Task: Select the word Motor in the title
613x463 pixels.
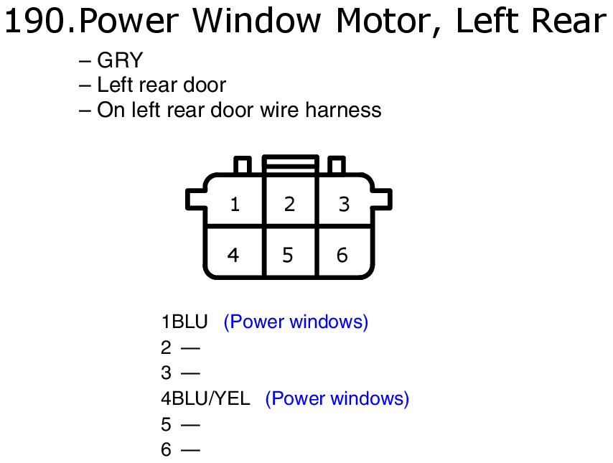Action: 388,22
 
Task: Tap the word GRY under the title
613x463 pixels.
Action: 120,60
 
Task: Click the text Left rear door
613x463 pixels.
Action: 162,85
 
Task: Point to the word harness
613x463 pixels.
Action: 343,110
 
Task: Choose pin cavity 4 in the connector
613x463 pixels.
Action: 234,252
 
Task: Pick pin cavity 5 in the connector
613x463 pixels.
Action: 290,252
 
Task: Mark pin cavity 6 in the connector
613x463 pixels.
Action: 344,252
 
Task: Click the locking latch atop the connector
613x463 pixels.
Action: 291,164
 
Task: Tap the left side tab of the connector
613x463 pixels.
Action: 195,200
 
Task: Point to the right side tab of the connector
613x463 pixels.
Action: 382,200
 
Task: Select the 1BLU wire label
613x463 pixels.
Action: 184,322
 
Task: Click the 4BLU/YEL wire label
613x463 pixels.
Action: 205,398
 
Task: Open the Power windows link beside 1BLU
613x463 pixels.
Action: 296,322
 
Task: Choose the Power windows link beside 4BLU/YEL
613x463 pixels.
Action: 337,399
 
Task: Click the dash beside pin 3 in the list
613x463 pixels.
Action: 190,373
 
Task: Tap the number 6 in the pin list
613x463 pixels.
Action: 166,449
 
